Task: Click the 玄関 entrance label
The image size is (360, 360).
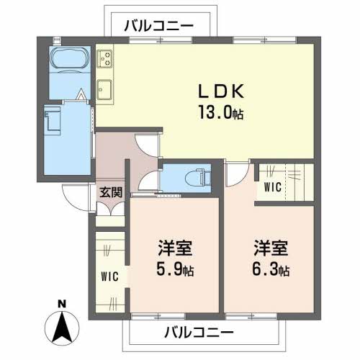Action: [111, 192]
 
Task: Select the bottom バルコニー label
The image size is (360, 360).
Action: [199, 333]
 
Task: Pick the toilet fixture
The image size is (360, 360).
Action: [194, 176]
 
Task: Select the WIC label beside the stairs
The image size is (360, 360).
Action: [272, 188]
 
